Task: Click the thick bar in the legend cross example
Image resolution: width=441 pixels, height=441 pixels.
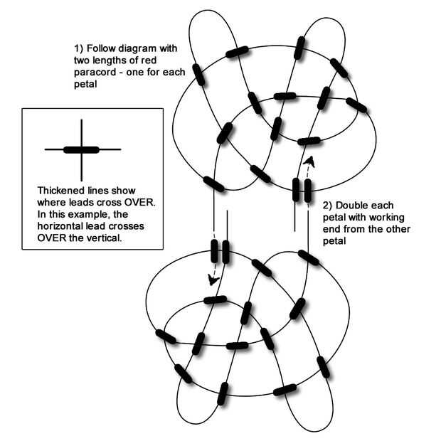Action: click(81, 149)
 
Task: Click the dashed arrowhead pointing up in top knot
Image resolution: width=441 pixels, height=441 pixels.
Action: click(309, 161)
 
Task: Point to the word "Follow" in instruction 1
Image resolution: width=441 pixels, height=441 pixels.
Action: click(102, 48)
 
